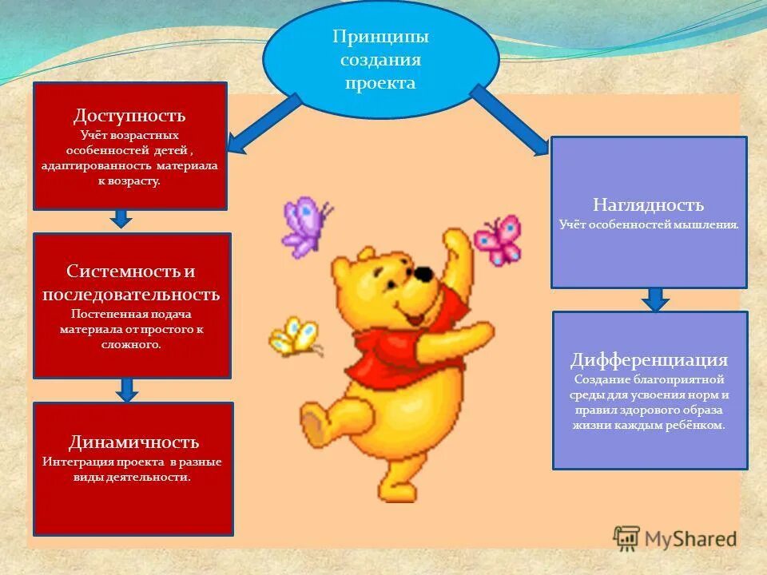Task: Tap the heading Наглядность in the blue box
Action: (x=648, y=205)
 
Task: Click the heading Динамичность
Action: (x=133, y=442)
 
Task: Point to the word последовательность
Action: (x=131, y=294)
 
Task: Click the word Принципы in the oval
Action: (x=380, y=37)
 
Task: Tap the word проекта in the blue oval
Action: (x=380, y=83)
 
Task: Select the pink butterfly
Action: (x=497, y=240)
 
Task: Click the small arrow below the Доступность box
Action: (x=120, y=217)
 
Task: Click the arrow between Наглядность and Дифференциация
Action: (x=655, y=299)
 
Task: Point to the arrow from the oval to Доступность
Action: (x=264, y=124)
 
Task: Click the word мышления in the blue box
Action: (x=710, y=226)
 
